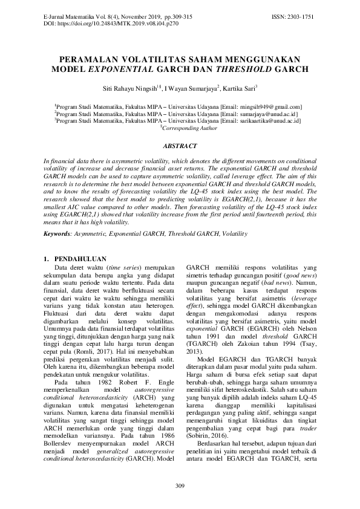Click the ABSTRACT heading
(180, 146)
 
